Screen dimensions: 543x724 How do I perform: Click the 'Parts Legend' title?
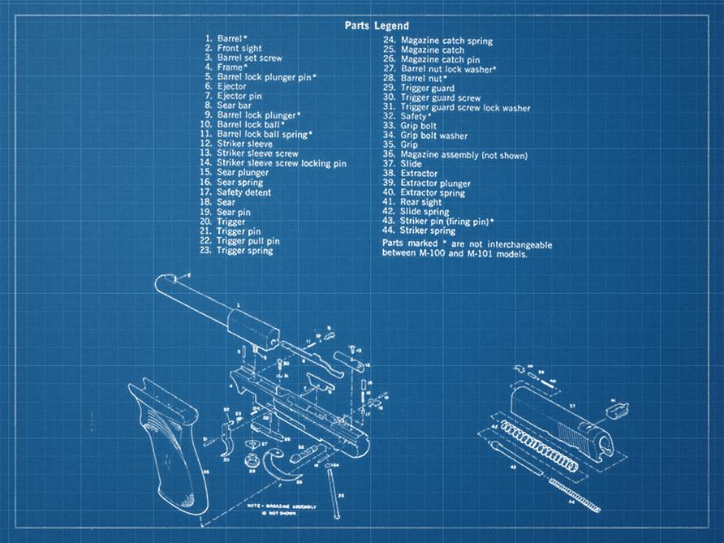[377, 26]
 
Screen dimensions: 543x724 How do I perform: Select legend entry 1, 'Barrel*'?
[232, 38]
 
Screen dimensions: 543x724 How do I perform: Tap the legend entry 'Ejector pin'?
[239, 96]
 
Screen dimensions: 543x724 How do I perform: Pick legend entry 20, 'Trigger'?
[231, 222]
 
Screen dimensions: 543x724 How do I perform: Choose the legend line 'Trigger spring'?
[244, 251]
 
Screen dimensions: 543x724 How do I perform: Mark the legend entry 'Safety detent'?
[243, 192]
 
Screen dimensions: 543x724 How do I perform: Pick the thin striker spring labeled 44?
[575, 490]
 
